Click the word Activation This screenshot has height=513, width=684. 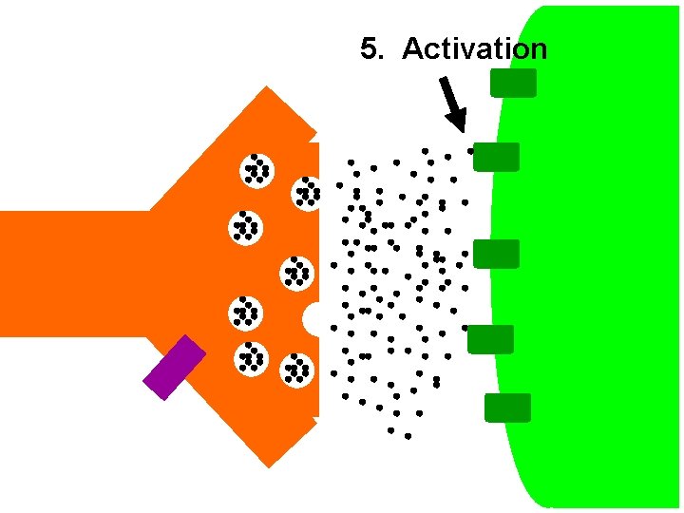point(474,49)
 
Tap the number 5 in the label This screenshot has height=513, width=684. point(369,49)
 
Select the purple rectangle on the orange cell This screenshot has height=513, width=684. point(174,367)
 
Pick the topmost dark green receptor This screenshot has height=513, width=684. point(513,83)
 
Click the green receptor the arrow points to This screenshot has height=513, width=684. point(496,157)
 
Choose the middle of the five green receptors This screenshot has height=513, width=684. point(496,254)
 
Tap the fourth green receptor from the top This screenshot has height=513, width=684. point(490,339)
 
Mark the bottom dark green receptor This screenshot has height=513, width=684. point(507,408)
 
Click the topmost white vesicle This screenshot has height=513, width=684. point(256,169)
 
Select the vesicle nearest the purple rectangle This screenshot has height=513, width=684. point(252,358)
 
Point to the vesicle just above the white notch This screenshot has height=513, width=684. point(297,273)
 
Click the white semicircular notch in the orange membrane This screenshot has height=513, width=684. point(313,319)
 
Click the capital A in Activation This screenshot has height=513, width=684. point(412,49)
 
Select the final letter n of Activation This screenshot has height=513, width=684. point(540,49)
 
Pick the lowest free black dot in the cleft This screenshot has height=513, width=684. point(408,436)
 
